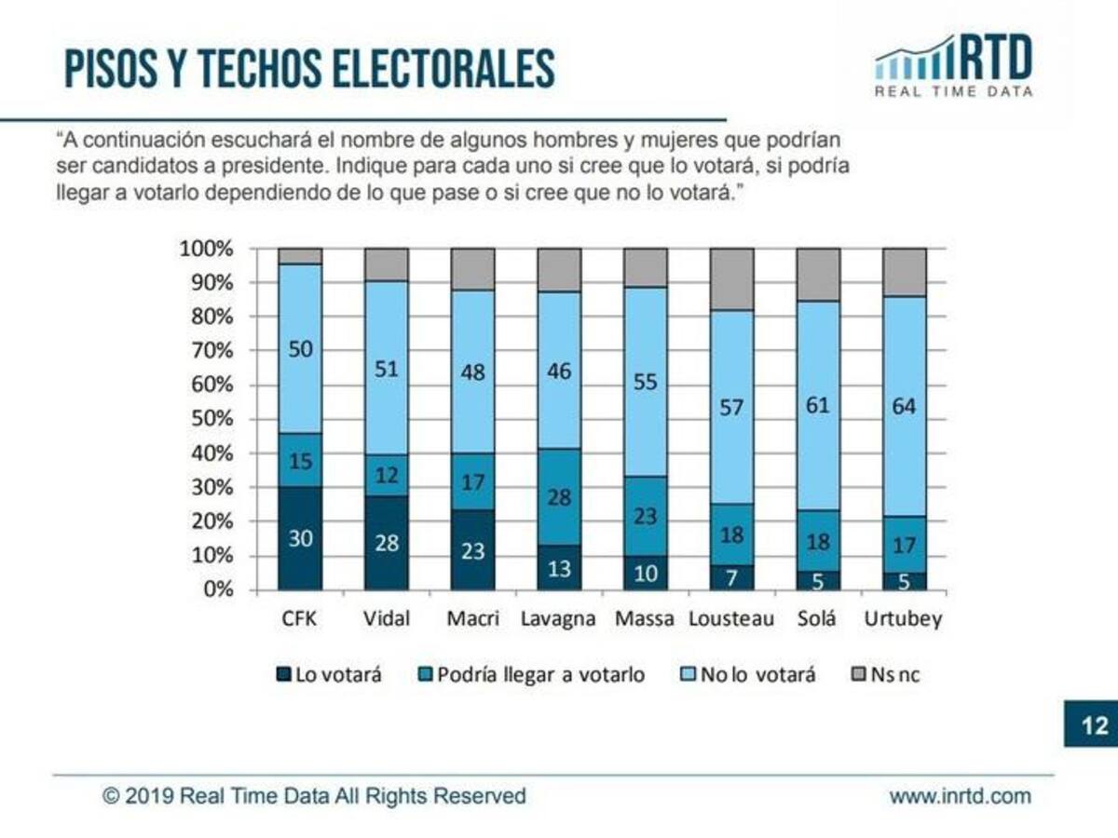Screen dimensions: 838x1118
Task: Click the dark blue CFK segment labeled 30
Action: [x=300, y=538]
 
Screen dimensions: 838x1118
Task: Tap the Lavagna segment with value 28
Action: [x=559, y=496]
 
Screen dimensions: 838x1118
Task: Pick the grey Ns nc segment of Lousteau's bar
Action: [x=731, y=278]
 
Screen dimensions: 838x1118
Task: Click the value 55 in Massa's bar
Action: [x=645, y=382]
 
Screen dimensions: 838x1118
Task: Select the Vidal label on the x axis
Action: [x=386, y=619]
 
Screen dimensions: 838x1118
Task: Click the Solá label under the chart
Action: [x=818, y=619]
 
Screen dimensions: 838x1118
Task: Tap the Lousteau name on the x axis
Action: [x=731, y=619]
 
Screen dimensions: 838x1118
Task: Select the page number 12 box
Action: [x=1090, y=723]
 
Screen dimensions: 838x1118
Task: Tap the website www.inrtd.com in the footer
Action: [x=960, y=796]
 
